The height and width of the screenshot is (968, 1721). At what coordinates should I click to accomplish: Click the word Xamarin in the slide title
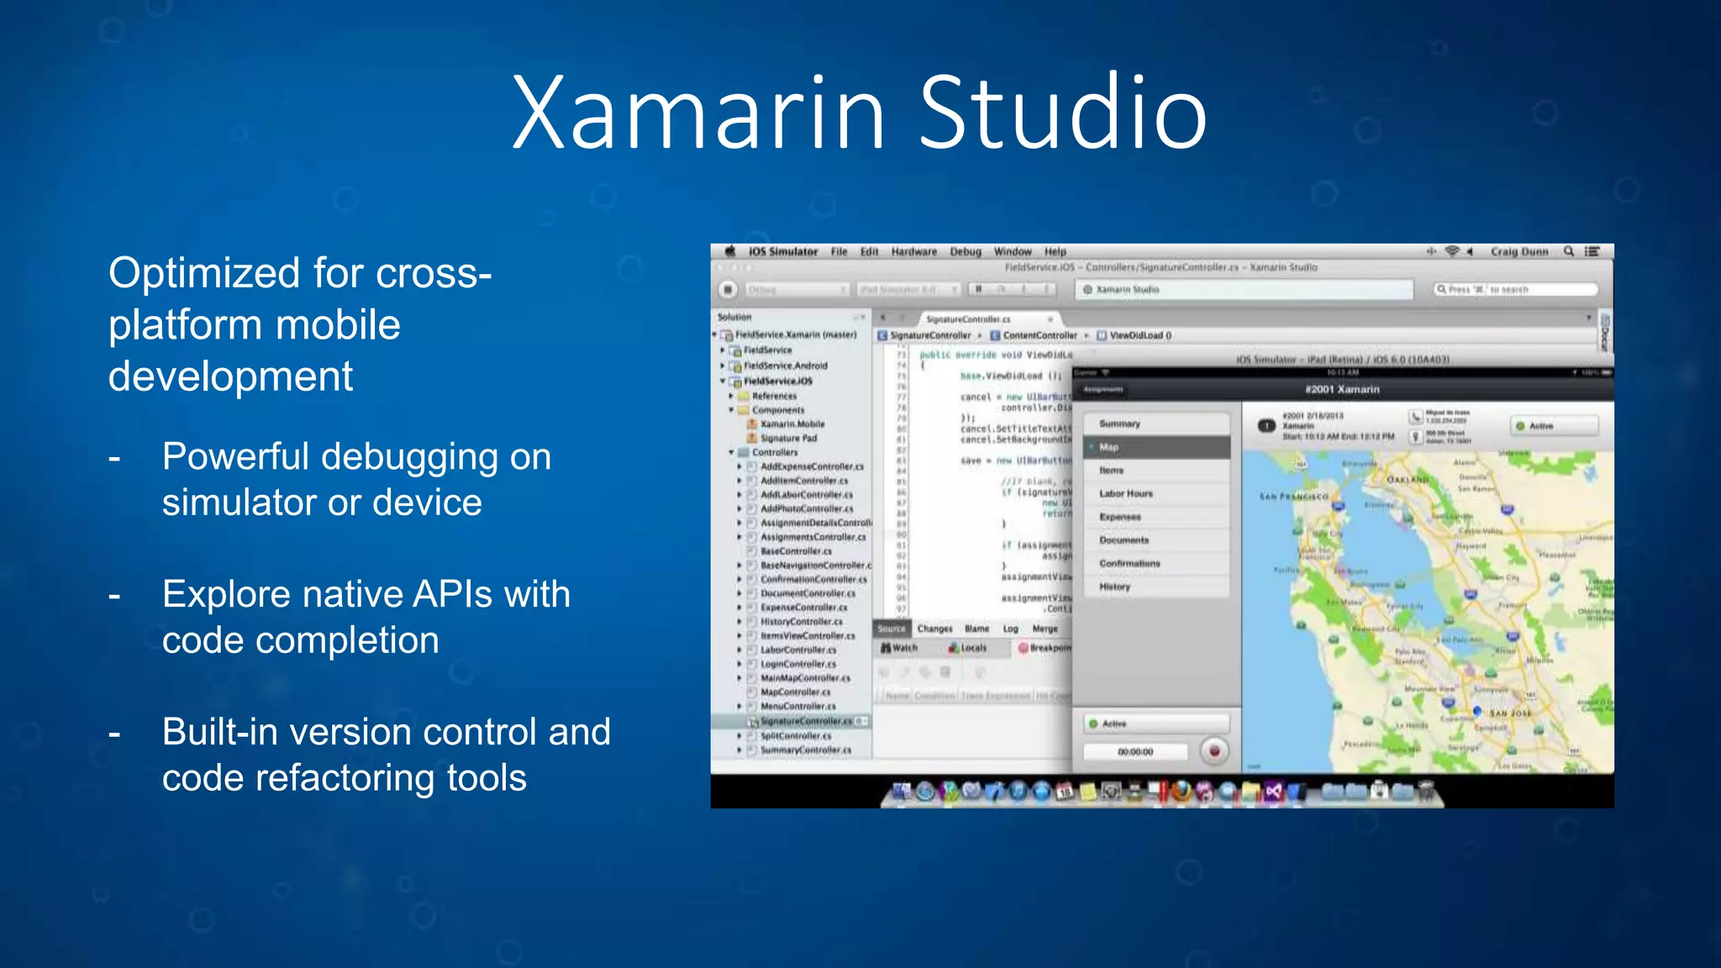coord(698,113)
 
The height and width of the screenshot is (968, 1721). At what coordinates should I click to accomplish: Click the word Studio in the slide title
coord(1062,113)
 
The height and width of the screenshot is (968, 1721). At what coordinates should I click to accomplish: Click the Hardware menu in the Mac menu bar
coord(913,251)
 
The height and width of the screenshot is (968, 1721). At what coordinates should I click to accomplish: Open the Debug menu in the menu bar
coord(966,251)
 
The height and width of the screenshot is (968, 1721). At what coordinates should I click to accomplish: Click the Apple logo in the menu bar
coord(730,251)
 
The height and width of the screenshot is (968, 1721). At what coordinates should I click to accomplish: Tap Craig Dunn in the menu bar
coord(1518,251)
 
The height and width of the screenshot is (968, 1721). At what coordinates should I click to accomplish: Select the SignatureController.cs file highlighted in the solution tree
coord(806,721)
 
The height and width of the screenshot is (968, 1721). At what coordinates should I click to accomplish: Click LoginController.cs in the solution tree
coord(798,664)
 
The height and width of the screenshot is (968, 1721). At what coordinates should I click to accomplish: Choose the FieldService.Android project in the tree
coord(785,366)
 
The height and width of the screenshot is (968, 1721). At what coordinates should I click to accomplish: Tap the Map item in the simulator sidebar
coord(1109,447)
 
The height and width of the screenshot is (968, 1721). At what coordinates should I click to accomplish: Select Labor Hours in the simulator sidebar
coord(1126,493)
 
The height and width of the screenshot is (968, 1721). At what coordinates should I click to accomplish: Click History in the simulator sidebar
coord(1115,587)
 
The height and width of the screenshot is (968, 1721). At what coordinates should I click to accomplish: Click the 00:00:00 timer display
coord(1135,752)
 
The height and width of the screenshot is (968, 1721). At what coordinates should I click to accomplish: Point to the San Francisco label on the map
coord(1293,497)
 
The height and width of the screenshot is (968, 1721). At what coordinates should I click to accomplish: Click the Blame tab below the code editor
coord(976,629)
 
